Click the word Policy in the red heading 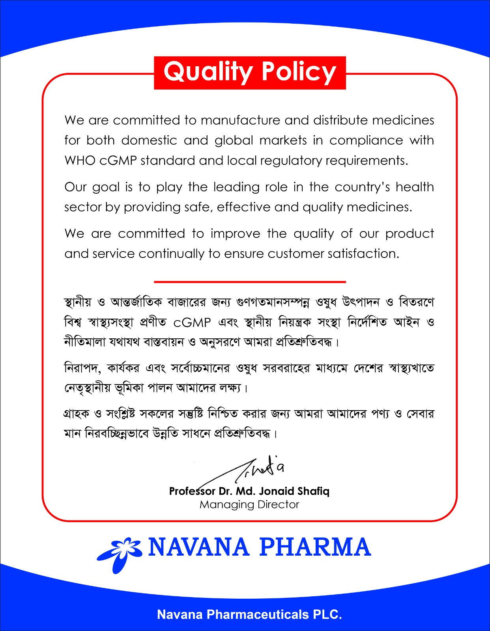299,72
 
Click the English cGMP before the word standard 118,161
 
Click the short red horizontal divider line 250,282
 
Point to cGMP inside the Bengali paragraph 192,323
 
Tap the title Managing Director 249,504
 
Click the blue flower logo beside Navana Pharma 120,552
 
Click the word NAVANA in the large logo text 198,547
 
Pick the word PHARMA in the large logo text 315,547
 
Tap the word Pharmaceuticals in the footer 258,614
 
